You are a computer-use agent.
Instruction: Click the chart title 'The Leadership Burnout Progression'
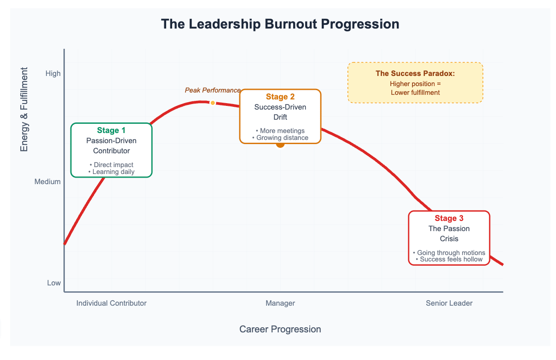[x=280, y=24]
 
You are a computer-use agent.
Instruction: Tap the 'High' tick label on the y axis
[x=53, y=74]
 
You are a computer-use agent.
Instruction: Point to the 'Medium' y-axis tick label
[x=47, y=182]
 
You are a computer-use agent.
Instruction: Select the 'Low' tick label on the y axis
[x=54, y=283]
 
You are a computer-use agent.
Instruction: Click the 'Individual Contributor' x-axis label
[x=111, y=303]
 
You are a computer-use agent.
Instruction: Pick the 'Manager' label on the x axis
[x=280, y=303]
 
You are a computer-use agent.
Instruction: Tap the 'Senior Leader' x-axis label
[x=449, y=303]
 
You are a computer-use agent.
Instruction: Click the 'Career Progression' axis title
[x=280, y=329]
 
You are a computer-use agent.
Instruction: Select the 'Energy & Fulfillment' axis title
[x=24, y=109]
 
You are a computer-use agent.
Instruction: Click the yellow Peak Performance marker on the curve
[x=213, y=103]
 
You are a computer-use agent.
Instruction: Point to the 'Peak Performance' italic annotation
[x=213, y=90]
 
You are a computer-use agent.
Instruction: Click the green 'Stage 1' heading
[x=111, y=130]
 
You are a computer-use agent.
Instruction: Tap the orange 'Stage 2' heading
[x=280, y=97]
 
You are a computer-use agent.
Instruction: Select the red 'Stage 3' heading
[x=449, y=218]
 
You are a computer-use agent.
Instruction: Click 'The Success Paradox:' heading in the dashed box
[x=415, y=74]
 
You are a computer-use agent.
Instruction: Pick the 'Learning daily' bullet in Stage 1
[x=111, y=172]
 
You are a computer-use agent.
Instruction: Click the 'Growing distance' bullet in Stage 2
[x=280, y=138]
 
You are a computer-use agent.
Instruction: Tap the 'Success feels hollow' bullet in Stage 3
[x=449, y=260]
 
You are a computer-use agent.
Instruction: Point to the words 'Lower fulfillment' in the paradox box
[x=415, y=93]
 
